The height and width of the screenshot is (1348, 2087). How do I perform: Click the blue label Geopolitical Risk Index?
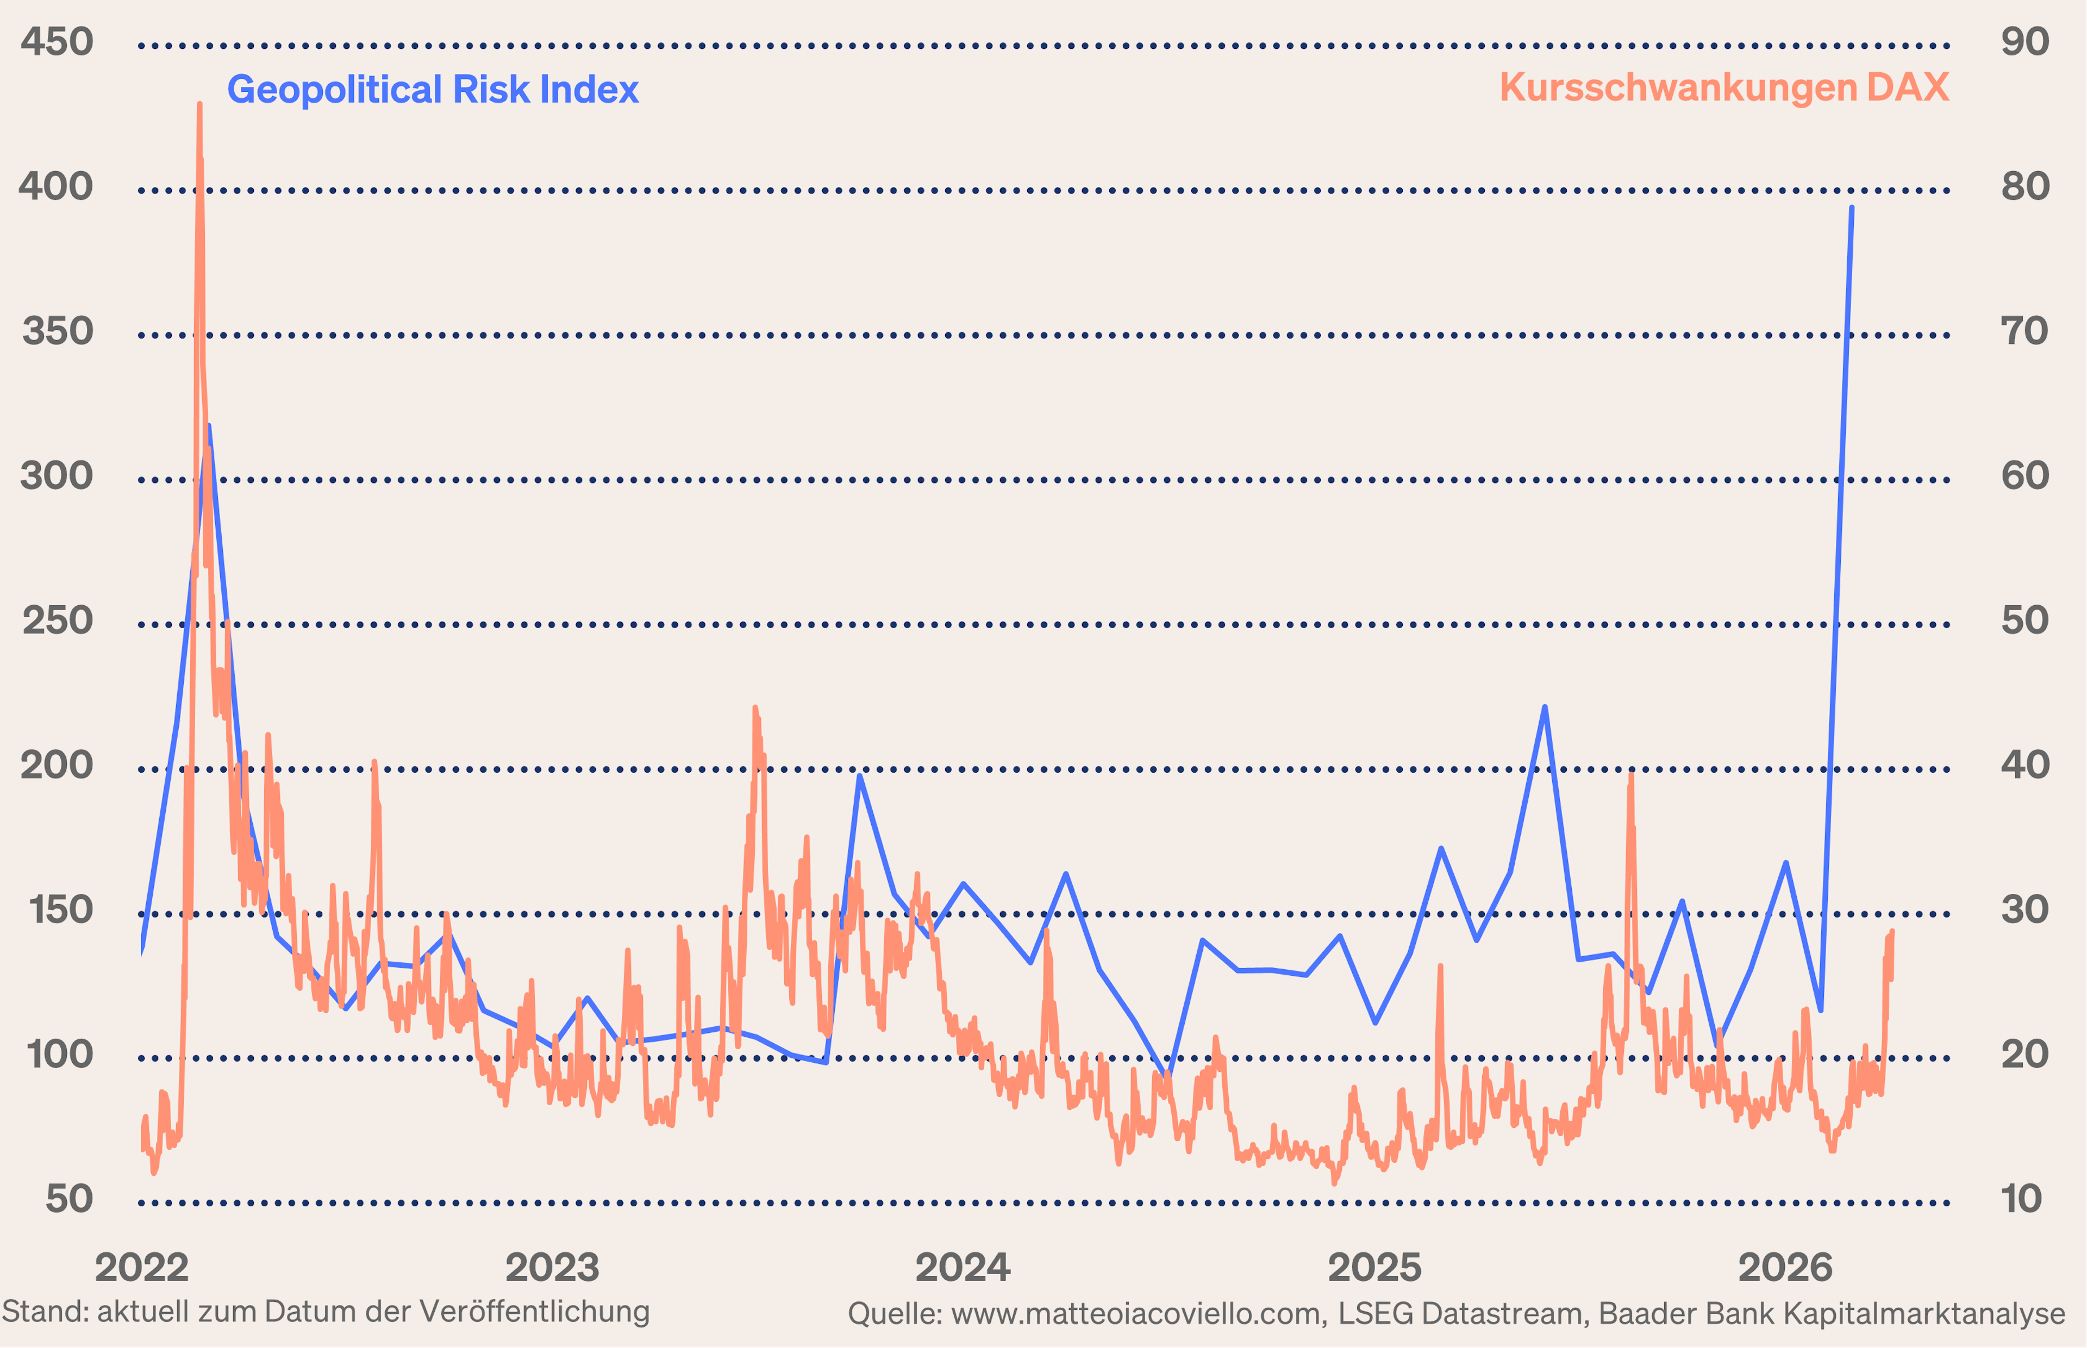433,89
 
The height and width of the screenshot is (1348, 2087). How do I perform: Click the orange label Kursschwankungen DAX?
1724,87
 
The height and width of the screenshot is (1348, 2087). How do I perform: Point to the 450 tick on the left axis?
57,42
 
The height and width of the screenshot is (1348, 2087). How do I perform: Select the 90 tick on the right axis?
2025,42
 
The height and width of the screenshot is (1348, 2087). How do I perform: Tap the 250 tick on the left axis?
57,620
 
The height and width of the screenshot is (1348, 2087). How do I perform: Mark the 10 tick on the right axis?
2021,1199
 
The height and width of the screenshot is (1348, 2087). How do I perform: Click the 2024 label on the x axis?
962,1268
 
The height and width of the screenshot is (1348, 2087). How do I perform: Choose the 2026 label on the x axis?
1785,1268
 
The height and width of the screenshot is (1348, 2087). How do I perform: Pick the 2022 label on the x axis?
142,1268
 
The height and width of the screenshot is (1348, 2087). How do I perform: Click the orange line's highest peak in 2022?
199,105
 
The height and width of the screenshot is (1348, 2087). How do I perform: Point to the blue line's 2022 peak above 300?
208,427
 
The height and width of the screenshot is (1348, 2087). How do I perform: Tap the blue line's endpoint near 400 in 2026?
1852,208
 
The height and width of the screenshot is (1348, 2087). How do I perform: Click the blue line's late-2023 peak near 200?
860,775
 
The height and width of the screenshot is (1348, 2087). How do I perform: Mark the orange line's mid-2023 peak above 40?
754,707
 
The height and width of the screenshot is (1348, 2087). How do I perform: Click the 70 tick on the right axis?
2025,331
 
